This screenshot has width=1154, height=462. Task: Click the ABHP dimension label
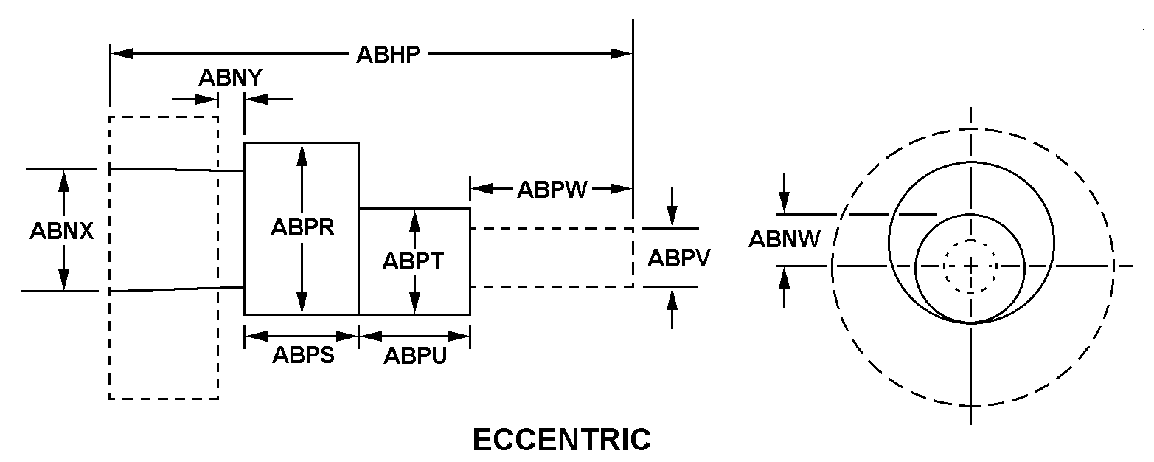(x=388, y=55)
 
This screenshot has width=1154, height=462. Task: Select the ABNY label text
(x=230, y=77)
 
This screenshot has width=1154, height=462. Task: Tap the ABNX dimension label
(x=62, y=231)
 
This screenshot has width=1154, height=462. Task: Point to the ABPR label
(x=302, y=227)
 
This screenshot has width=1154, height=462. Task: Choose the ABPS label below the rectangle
(x=303, y=356)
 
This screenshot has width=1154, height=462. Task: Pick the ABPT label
(x=413, y=261)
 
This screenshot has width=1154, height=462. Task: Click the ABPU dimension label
(x=414, y=356)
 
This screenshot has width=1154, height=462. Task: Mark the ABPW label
(x=552, y=190)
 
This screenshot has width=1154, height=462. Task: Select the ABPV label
(x=678, y=258)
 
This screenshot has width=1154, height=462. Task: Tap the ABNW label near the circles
(x=785, y=239)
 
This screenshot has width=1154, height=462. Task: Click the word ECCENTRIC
(x=561, y=440)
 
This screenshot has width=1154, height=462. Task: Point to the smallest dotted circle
(x=970, y=266)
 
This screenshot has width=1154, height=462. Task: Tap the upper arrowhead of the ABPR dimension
(x=302, y=152)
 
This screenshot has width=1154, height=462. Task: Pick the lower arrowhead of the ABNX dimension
(x=64, y=280)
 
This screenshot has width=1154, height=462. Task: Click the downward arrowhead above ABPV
(x=671, y=217)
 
